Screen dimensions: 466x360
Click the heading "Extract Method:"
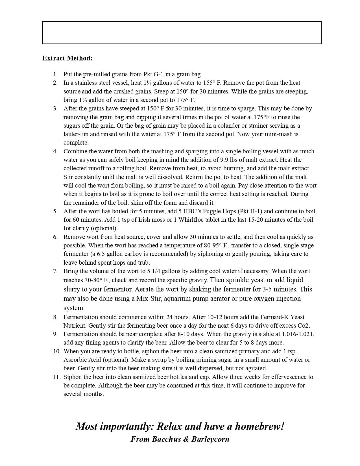pyautogui.click(x=67, y=58)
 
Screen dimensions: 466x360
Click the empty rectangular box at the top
pyautogui.click(x=182, y=33)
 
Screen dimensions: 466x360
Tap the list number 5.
pyautogui.click(x=55, y=211)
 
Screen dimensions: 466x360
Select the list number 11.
pyautogui.click(x=56, y=377)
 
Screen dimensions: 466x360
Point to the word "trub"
pyautogui.click(x=143, y=263)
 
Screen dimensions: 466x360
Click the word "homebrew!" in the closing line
pyautogui.click(x=259, y=426)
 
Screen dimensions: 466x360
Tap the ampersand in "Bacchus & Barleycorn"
pyautogui.click(x=186, y=439)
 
